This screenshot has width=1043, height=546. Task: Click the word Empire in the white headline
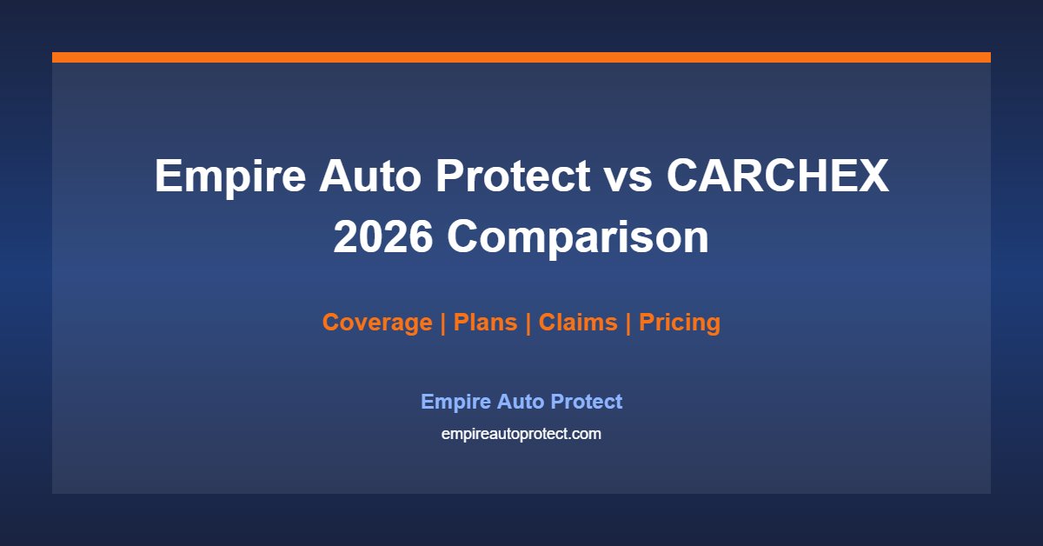click(230, 178)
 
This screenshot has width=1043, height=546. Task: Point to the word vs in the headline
click(628, 180)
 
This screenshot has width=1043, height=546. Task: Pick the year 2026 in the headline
click(383, 236)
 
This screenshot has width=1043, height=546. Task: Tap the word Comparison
click(578, 239)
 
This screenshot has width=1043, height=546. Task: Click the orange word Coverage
click(377, 323)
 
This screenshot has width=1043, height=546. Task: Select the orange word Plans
click(485, 322)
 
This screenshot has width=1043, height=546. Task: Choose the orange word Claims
click(578, 322)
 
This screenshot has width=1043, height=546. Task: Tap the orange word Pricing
click(680, 323)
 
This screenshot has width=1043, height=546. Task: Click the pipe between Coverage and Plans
click(442, 323)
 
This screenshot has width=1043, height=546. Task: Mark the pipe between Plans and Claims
click(528, 323)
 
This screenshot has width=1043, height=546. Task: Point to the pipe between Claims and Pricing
click(628, 323)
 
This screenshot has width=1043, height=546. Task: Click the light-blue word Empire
click(455, 402)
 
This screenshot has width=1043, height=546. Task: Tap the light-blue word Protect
click(586, 401)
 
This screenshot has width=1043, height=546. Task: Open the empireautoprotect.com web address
click(521, 434)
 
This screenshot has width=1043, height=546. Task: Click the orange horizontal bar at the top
click(521, 57)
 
